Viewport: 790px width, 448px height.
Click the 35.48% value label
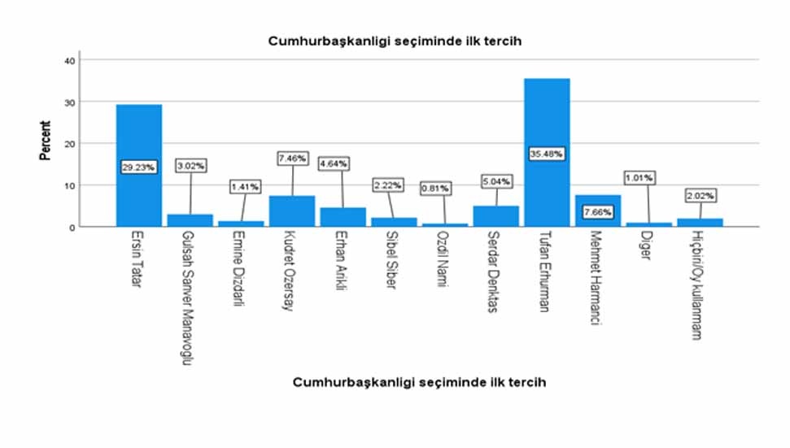(547, 154)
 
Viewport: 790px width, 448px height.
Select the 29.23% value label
(138, 166)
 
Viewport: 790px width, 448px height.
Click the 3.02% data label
(190, 165)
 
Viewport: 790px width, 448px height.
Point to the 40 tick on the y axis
(71, 60)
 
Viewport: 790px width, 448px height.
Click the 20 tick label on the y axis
(71, 144)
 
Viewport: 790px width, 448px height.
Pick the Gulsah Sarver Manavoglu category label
(190, 298)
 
